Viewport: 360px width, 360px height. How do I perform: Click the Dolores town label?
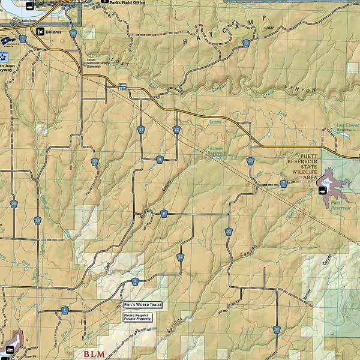[x=53, y=32]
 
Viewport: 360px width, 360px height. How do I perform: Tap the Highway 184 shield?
[x=123, y=86]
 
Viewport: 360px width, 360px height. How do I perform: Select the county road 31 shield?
[x=141, y=129]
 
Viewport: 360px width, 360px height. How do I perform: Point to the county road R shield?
[x=160, y=159]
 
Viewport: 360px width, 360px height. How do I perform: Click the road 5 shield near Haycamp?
[x=246, y=43]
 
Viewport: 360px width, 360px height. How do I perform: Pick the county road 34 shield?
[x=276, y=329]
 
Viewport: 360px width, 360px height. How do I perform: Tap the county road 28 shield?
[x=14, y=204]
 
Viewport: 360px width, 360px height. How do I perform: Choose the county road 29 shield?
[x=37, y=220]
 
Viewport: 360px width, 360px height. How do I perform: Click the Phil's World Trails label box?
[x=142, y=305]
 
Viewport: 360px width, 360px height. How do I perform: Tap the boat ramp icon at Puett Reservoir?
[x=322, y=191]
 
